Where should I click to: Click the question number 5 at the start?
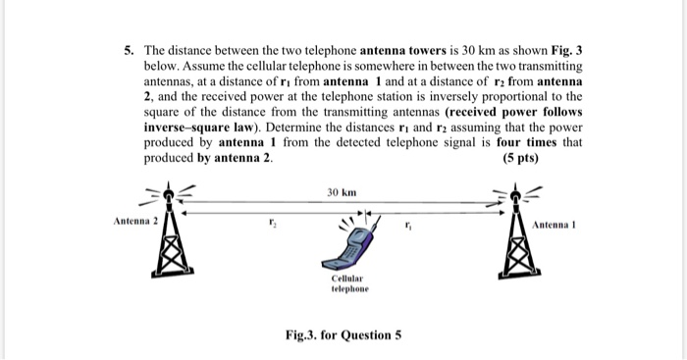pyautogui.click(x=129, y=49)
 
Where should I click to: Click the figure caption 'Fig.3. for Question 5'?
pyautogui.click(x=343, y=336)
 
